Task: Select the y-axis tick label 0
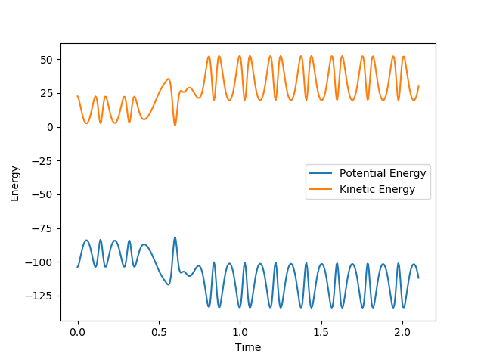51,127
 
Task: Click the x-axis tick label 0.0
77,332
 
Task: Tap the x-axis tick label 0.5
159,332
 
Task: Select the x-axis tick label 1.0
240,332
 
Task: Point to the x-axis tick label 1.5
321,332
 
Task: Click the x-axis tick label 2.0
402,332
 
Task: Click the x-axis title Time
247,347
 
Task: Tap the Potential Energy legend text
383,174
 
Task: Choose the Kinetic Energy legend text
377,190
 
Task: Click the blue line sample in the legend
321,174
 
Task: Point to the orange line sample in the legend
321,190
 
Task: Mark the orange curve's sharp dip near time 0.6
175,125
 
